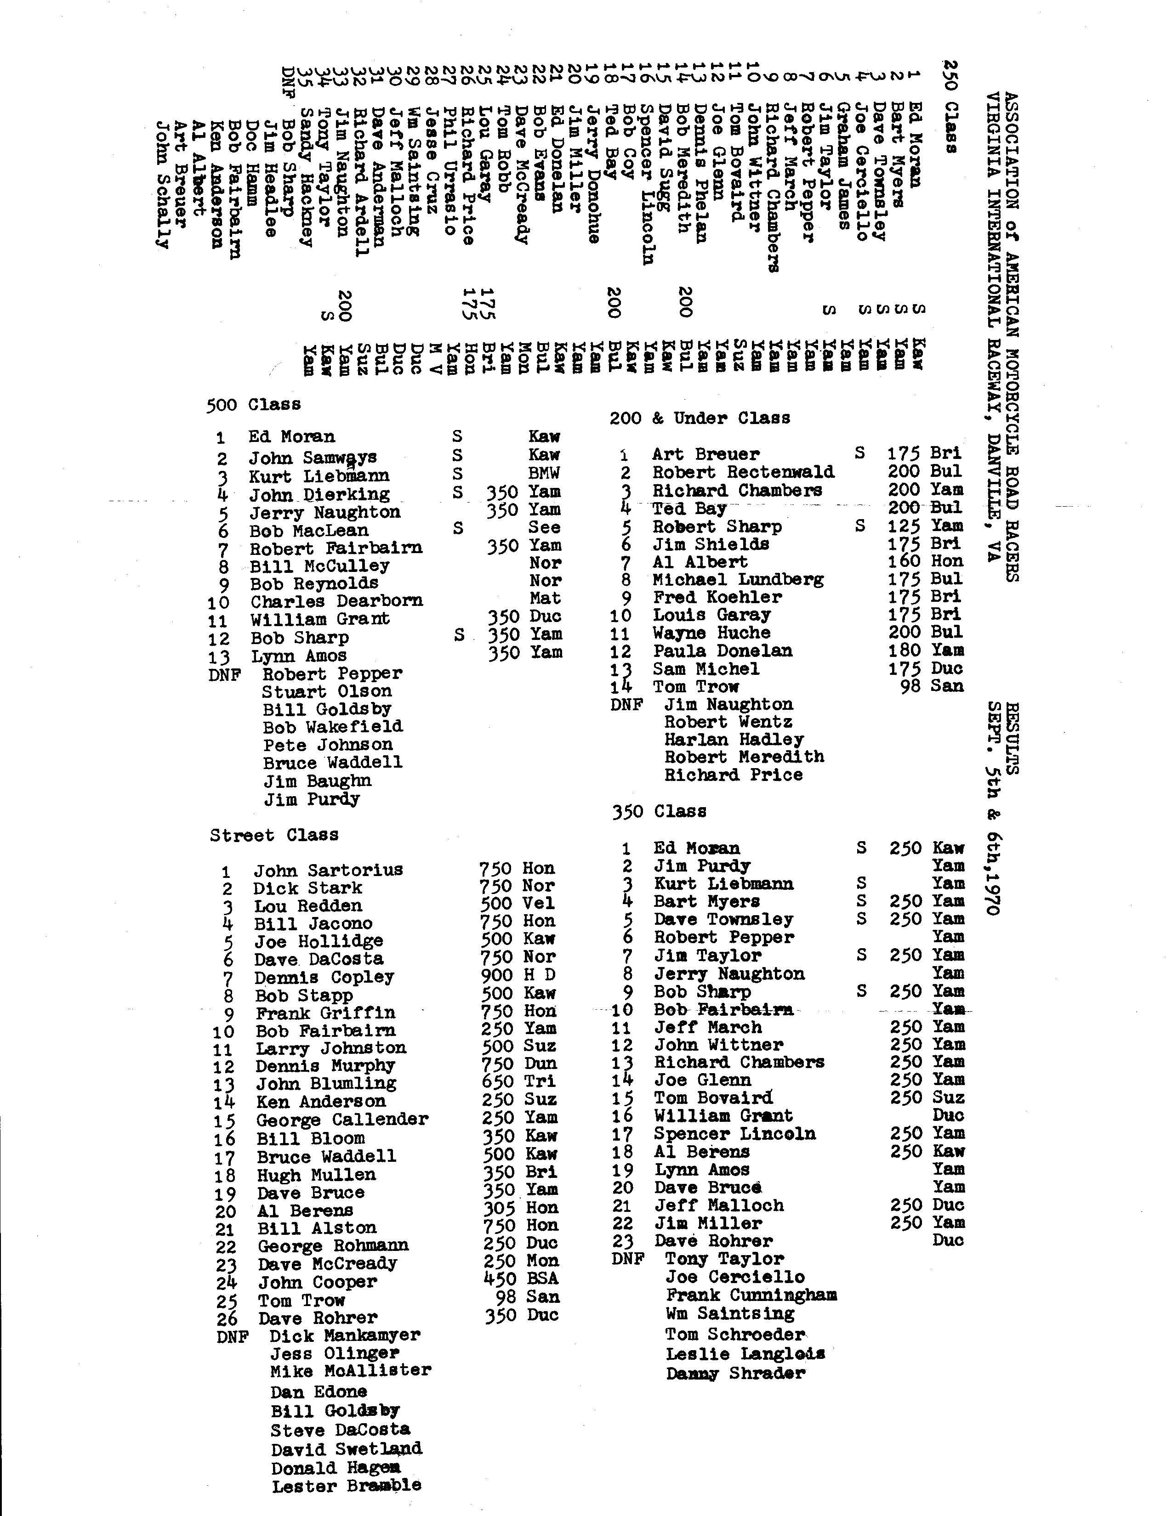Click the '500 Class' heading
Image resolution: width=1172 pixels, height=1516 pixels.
click(x=253, y=405)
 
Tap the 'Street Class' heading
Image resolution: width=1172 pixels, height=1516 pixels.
click(x=274, y=835)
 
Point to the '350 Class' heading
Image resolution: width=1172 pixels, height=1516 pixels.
click(x=659, y=811)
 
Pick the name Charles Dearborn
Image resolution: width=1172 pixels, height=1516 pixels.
click(x=337, y=601)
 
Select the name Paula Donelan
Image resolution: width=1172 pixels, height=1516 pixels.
click(x=722, y=651)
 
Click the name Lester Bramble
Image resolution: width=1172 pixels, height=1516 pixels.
click(x=346, y=1486)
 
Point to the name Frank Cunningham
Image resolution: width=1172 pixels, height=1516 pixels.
click(x=751, y=1295)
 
